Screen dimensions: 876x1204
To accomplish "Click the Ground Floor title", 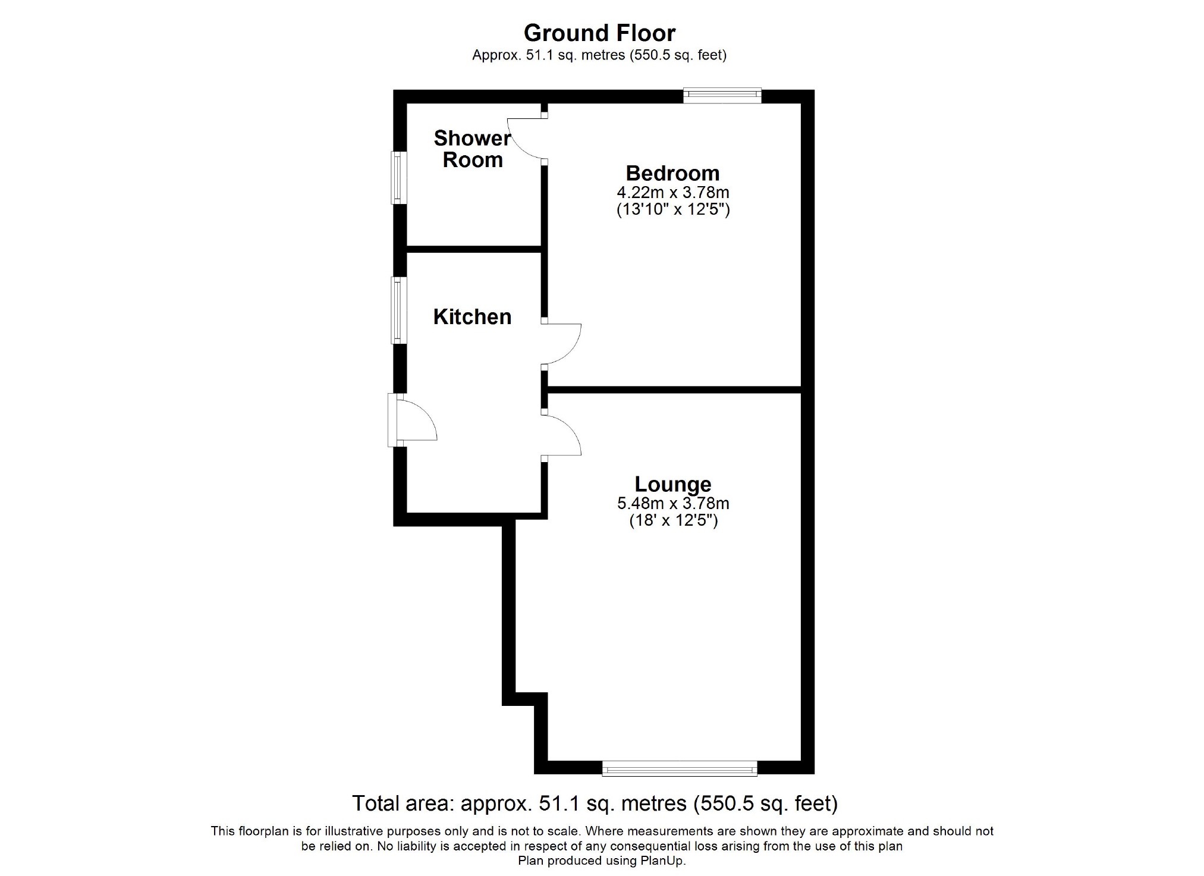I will pyautogui.click(x=599, y=33).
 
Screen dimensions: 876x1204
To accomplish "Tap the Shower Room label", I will pyautogui.click(x=472, y=149).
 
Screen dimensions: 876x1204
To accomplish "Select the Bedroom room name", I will pyautogui.click(x=672, y=173).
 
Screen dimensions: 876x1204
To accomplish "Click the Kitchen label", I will pyautogui.click(x=472, y=317).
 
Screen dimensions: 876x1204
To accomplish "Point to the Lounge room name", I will pyautogui.click(x=672, y=484).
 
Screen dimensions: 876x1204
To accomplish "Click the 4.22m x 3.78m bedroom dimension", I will pyautogui.click(x=672, y=193).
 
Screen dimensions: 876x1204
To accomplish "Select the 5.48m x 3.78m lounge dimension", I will pyautogui.click(x=672, y=504).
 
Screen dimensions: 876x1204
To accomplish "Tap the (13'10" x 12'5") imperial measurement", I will pyautogui.click(x=672, y=210).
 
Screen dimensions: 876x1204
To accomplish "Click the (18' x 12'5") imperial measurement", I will pyautogui.click(x=672, y=522).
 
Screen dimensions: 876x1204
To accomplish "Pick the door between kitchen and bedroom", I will pyautogui.click(x=562, y=344).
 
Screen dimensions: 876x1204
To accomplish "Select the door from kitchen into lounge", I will pyautogui.click(x=562, y=435).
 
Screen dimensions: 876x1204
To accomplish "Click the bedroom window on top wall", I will pyautogui.click(x=722, y=95).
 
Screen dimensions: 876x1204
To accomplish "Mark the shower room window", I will pyautogui.click(x=397, y=177).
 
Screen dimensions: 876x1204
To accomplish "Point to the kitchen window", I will pyautogui.click(x=397, y=310).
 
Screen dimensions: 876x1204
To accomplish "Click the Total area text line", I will pyautogui.click(x=595, y=803).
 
